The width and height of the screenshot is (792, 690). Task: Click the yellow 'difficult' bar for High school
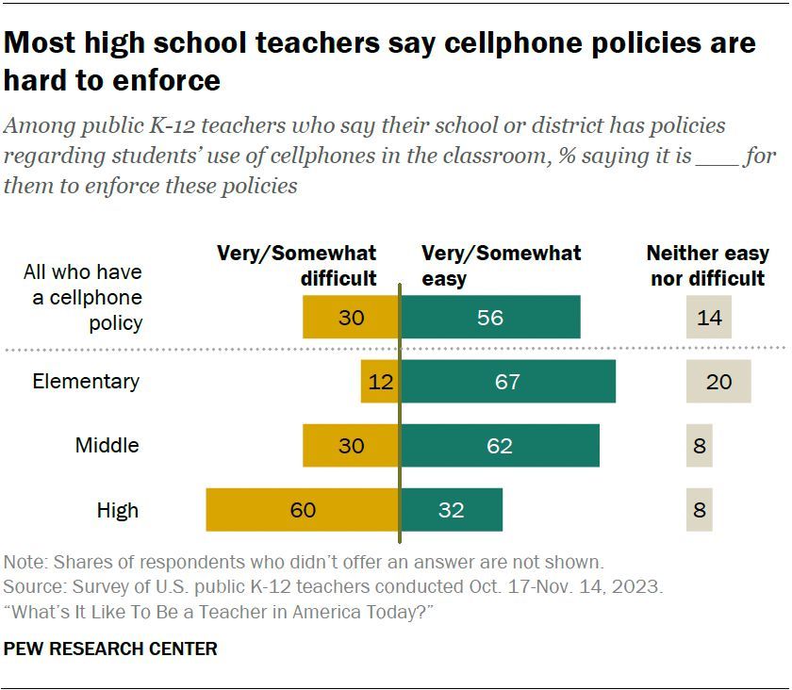point(303,510)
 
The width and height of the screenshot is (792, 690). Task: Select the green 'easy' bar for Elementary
point(508,382)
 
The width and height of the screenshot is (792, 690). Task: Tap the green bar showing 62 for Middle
point(500,446)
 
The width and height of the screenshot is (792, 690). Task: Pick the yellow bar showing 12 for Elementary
point(380,382)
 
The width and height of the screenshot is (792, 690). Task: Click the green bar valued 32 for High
point(452,510)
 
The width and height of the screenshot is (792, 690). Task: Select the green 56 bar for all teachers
point(490,318)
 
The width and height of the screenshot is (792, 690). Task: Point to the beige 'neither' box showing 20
point(718,382)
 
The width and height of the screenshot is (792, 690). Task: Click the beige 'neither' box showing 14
point(709,318)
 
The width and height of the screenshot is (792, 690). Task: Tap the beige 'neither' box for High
point(700,510)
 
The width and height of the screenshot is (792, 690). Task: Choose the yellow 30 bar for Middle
point(351,446)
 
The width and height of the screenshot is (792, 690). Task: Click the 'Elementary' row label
point(86,382)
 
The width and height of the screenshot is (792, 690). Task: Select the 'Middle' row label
point(107,446)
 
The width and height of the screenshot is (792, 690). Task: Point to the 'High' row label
point(118,510)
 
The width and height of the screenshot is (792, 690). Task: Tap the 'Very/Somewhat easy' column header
point(501,266)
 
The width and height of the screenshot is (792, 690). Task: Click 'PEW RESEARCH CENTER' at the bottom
point(111,649)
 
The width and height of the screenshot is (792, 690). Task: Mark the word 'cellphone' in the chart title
point(509,43)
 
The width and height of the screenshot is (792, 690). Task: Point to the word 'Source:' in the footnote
point(34,586)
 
